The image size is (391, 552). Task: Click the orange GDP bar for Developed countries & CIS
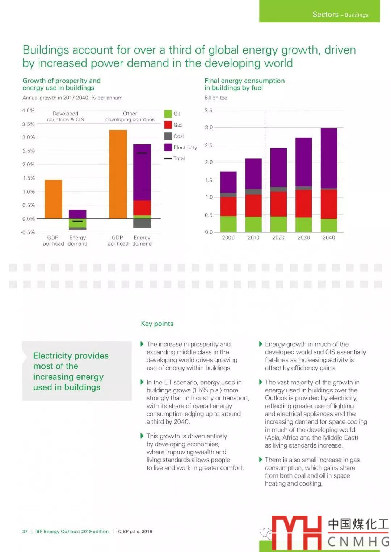click(x=53, y=199)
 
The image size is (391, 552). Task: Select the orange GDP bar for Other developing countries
click(x=118, y=174)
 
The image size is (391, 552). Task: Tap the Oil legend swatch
click(x=168, y=114)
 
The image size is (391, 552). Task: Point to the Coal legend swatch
click(x=168, y=136)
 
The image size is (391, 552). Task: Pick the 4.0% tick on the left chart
click(x=28, y=110)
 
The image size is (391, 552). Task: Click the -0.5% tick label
click(x=28, y=232)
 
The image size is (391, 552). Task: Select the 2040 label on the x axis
click(x=329, y=238)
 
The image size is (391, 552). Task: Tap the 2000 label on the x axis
click(x=228, y=238)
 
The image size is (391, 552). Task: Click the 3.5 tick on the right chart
click(x=209, y=110)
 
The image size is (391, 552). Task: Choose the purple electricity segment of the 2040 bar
click(x=329, y=158)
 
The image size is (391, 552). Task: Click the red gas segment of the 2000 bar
click(x=228, y=206)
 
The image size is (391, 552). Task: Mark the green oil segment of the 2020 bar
click(x=278, y=224)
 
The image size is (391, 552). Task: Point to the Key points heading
click(x=157, y=324)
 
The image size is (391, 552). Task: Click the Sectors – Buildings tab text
click(x=340, y=15)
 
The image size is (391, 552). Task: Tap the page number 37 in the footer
click(x=25, y=531)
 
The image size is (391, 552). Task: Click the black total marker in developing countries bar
click(x=142, y=153)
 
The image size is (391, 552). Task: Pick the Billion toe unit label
click(x=216, y=98)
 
